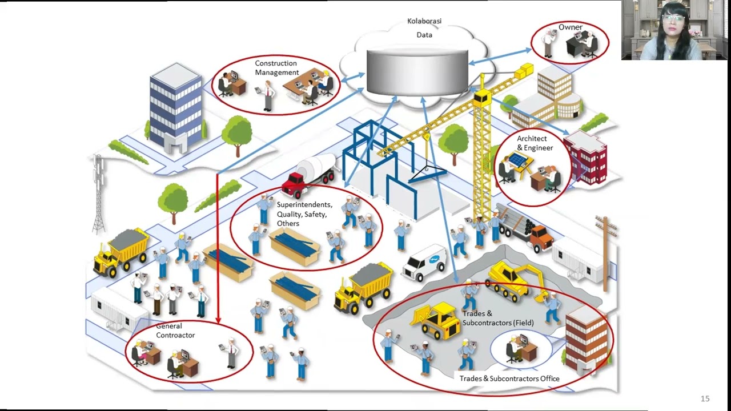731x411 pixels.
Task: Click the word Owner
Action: [570, 27]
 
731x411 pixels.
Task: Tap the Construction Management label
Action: [276, 68]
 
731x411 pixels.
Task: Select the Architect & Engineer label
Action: [535, 143]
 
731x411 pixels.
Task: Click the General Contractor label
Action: [175, 331]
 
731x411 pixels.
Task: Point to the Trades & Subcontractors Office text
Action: [509, 378]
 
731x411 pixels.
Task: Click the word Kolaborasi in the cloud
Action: [424, 21]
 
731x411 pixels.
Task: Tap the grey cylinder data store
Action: [417, 71]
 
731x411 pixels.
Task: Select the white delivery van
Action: [425, 263]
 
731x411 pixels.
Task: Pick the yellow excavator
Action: [514, 280]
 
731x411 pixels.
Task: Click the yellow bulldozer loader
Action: [437, 320]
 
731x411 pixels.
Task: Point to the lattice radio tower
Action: [99, 194]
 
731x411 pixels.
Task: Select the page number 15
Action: [705, 398]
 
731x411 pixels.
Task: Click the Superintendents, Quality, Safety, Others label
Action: [304, 214]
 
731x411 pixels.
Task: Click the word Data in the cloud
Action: [424, 35]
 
